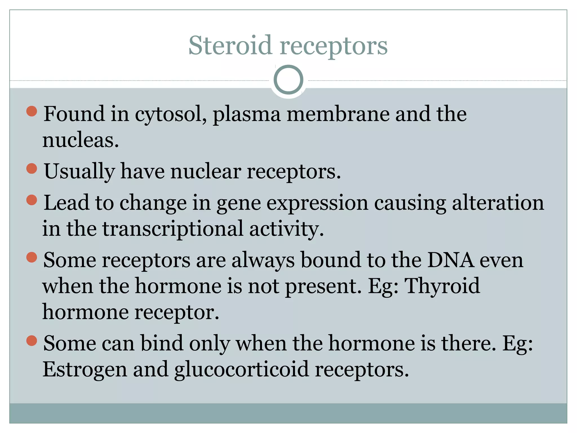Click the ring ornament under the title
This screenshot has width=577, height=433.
coord(288,79)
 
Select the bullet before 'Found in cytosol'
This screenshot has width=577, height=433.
coord(32,111)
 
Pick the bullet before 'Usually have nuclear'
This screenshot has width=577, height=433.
coord(32,169)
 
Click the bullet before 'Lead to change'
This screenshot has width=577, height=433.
coord(32,200)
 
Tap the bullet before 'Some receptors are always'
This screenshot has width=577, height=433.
coord(32,257)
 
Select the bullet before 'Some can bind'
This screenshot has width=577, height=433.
coord(32,340)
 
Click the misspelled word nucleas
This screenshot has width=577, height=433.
coord(80,140)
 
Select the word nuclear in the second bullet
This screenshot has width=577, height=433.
coord(206,172)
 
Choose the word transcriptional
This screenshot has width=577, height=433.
coord(172,229)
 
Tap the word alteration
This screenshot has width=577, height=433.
coord(498,203)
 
